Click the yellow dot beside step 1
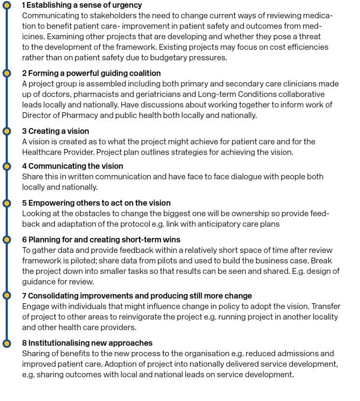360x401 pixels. coord(6,5)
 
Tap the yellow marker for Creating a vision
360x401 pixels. coord(6,131)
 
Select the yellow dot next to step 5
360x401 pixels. coord(6,203)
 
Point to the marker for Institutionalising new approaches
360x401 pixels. coord(6,343)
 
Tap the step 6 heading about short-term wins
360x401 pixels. coord(101,239)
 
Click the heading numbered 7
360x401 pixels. coord(137,296)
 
